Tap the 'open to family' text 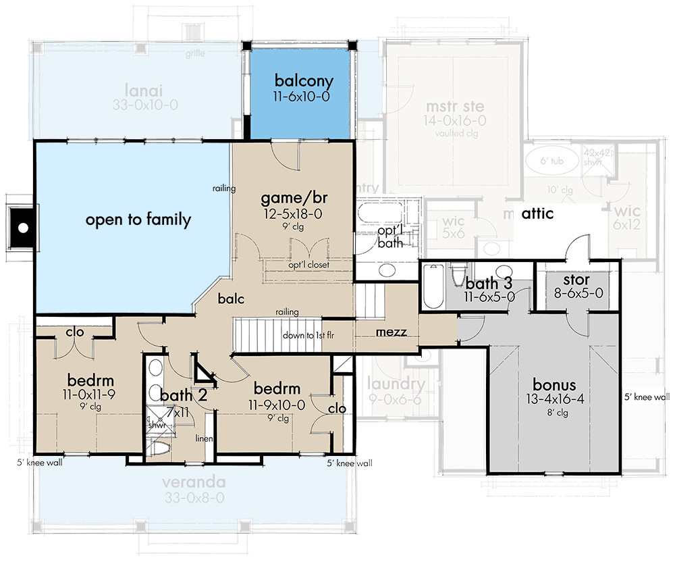[138, 220]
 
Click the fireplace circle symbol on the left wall [22, 228]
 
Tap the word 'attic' [537, 214]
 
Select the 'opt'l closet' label [308, 265]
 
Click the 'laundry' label [396, 385]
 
